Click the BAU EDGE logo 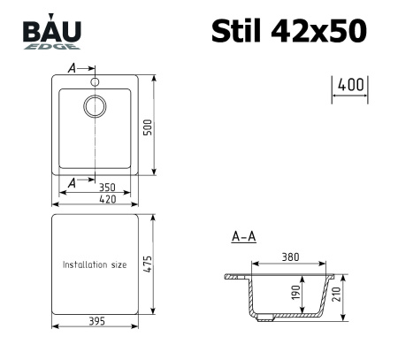tap(51, 35)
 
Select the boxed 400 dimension tap(350, 86)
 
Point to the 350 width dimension tap(106, 188)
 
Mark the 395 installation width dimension tap(95, 321)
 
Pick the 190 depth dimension tap(295, 293)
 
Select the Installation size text tap(96, 264)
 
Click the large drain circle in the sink tap(95, 106)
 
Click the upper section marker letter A tap(72, 67)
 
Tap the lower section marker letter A tap(72, 182)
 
